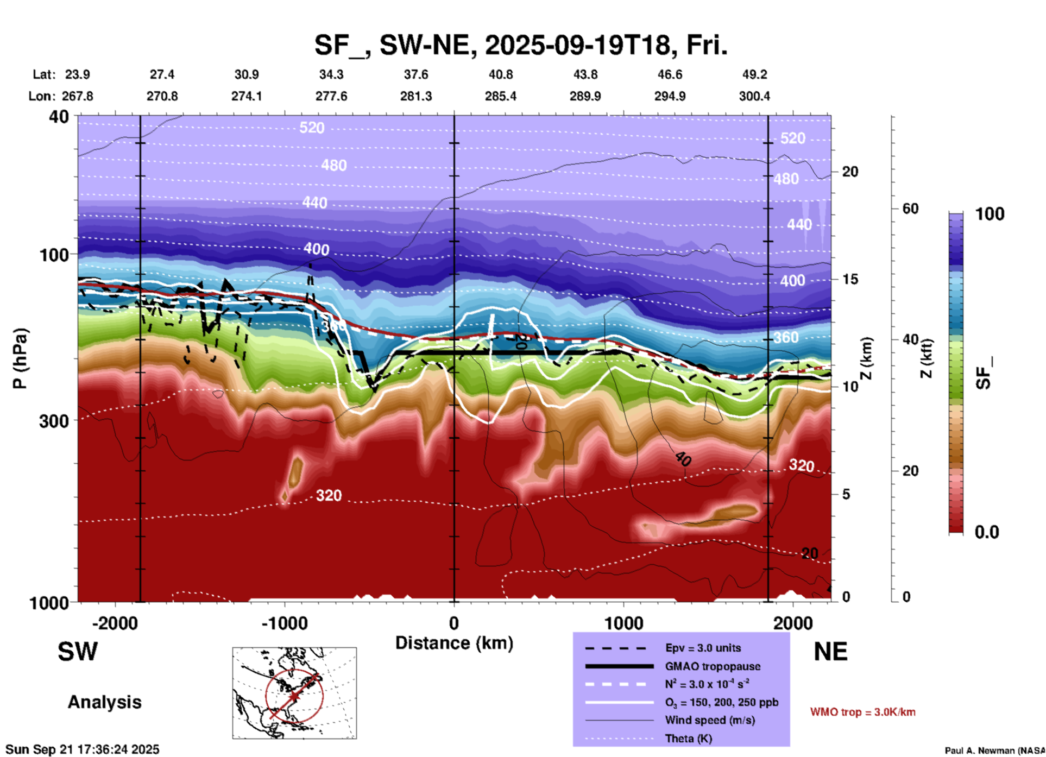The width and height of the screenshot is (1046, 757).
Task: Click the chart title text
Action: point(520,46)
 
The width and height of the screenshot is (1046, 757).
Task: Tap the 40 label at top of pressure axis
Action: point(59,117)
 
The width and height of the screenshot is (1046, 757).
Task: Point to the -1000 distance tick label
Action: point(284,623)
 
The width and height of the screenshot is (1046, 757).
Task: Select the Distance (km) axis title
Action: point(454,643)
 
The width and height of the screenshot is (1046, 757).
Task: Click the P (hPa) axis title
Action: point(20,358)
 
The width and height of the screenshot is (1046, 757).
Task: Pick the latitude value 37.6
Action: point(415,74)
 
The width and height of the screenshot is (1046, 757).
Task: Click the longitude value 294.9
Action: point(669,97)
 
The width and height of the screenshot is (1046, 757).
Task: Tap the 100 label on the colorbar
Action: point(990,214)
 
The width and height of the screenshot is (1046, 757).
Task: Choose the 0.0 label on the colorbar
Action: point(987,532)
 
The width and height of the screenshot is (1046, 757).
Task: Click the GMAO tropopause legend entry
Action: point(713,666)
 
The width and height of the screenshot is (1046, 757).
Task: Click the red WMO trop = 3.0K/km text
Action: point(862,712)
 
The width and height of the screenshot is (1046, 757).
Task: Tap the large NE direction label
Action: point(830,652)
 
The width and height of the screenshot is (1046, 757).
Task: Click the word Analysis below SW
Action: point(104,702)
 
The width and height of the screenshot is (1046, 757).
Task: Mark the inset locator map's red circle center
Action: point(294,696)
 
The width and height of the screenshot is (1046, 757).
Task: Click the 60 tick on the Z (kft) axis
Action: point(910,209)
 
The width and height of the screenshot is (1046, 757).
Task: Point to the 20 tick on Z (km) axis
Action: point(850,172)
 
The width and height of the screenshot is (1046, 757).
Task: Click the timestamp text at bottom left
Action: point(83,749)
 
